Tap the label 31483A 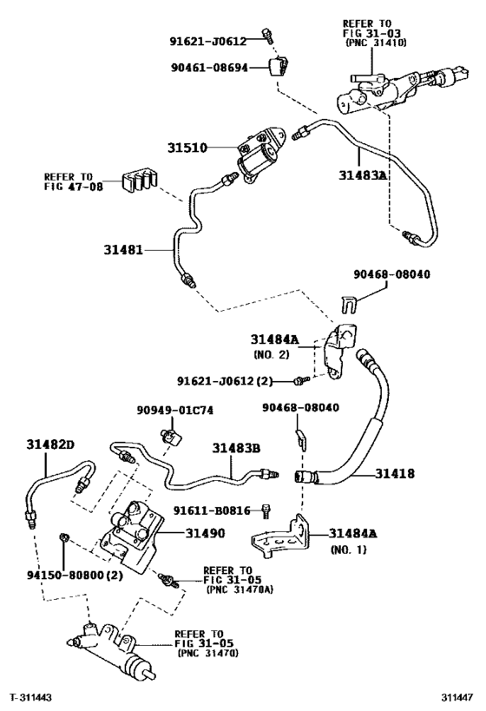pos(364,174)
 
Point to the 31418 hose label pos(394,474)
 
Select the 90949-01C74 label pos(174,410)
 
